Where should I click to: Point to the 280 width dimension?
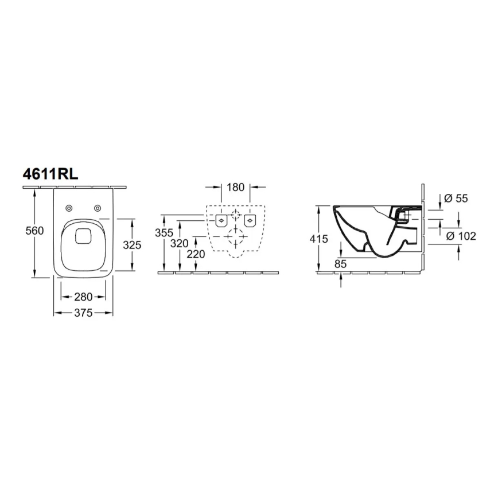(x=83, y=297)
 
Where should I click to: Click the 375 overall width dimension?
(x=83, y=313)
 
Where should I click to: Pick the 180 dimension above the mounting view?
(x=235, y=187)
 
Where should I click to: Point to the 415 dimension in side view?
(x=320, y=239)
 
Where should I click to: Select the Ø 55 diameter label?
(x=457, y=199)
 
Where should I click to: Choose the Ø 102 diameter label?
(x=461, y=236)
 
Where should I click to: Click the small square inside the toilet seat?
(x=84, y=235)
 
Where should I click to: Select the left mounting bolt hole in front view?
(x=220, y=219)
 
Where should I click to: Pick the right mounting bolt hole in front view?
(x=250, y=219)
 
